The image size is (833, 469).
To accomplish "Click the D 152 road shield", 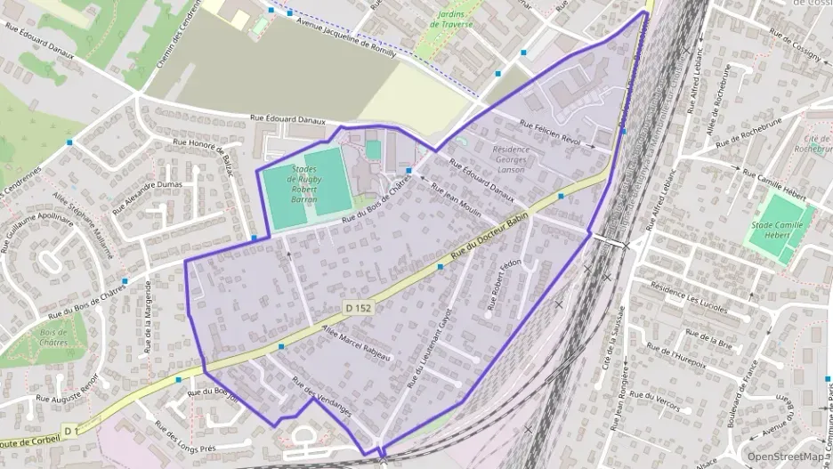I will (x=358, y=308).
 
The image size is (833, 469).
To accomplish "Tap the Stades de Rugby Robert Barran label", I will (x=305, y=184).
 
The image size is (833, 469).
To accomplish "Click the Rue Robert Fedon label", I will (x=503, y=286).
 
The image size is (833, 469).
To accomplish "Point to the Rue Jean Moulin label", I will (x=456, y=200).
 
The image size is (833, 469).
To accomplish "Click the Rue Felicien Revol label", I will (x=549, y=133).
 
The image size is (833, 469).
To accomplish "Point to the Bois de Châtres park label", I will (x=54, y=337).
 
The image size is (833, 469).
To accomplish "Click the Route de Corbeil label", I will (x=33, y=441).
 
